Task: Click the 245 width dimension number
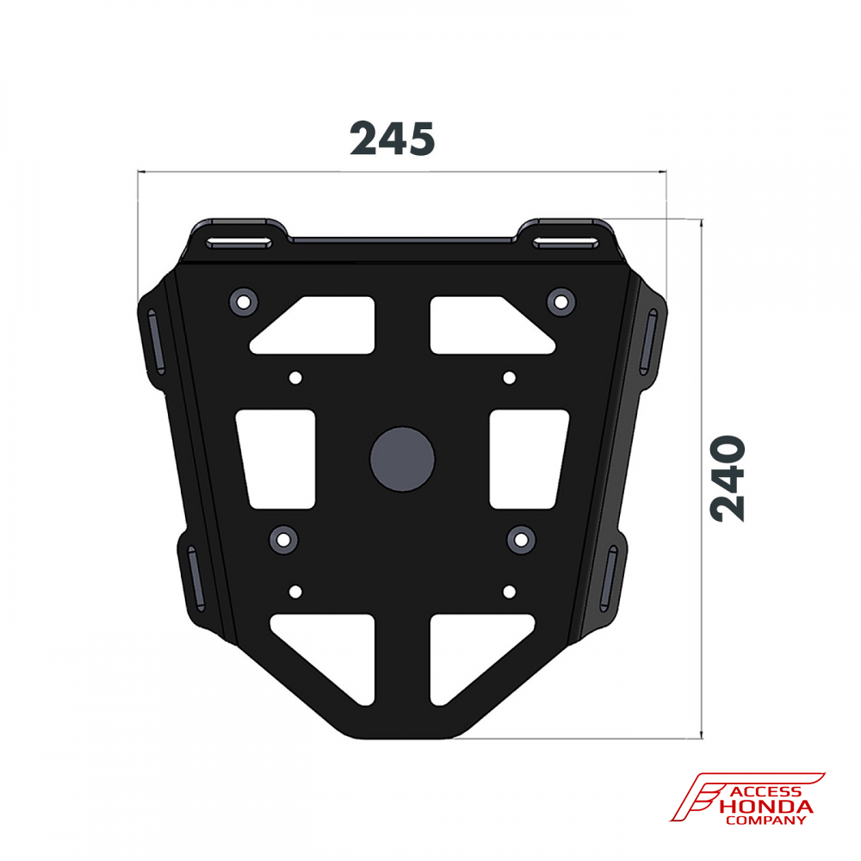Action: point(392,138)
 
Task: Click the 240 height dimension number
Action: point(728,478)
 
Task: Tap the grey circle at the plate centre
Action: point(402,459)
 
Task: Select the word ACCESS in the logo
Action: point(765,792)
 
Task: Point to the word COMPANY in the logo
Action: point(765,821)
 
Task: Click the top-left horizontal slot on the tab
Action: point(238,242)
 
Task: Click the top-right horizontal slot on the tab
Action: point(566,242)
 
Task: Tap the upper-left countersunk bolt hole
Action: point(244,302)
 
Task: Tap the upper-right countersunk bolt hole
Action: point(561,302)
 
